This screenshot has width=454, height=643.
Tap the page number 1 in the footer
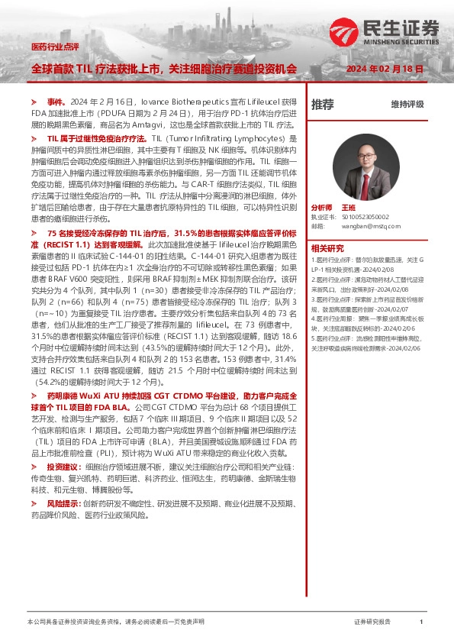pyautogui.click(x=421, y=622)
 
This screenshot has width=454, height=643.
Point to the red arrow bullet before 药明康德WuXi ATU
pyautogui.click(x=33, y=396)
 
